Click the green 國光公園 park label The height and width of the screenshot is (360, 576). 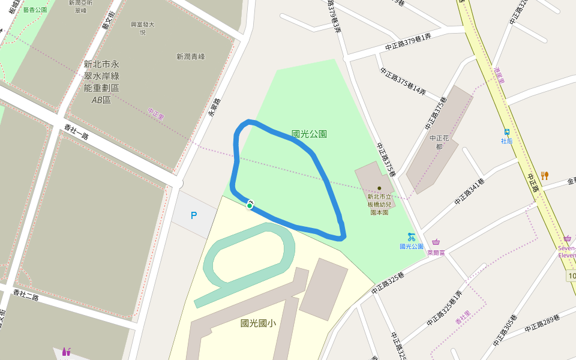(x=309, y=134)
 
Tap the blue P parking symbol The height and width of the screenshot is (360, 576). (x=194, y=215)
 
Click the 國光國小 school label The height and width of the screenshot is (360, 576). (x=258, y=323)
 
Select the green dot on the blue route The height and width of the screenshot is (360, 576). (x=249, y=206)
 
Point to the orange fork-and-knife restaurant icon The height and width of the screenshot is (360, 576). (x=544, y=176)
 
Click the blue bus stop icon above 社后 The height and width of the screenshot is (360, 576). (x=507, y=132)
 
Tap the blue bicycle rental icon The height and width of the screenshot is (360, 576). (x=412, y=236)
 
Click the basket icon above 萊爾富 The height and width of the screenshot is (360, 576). (x=436, y=243)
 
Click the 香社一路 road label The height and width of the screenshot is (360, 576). (x=76, y=132)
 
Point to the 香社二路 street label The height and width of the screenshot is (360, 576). (x=25, y=295)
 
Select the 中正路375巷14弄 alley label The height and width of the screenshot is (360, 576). (x=403, y=82)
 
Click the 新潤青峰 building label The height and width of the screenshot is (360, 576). (x=191, y=56)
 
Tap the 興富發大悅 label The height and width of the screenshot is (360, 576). (x=143, y=28)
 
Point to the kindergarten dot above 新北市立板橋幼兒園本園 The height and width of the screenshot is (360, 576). (x=379, y=188)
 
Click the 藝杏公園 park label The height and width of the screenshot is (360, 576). (x=35, y=10)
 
